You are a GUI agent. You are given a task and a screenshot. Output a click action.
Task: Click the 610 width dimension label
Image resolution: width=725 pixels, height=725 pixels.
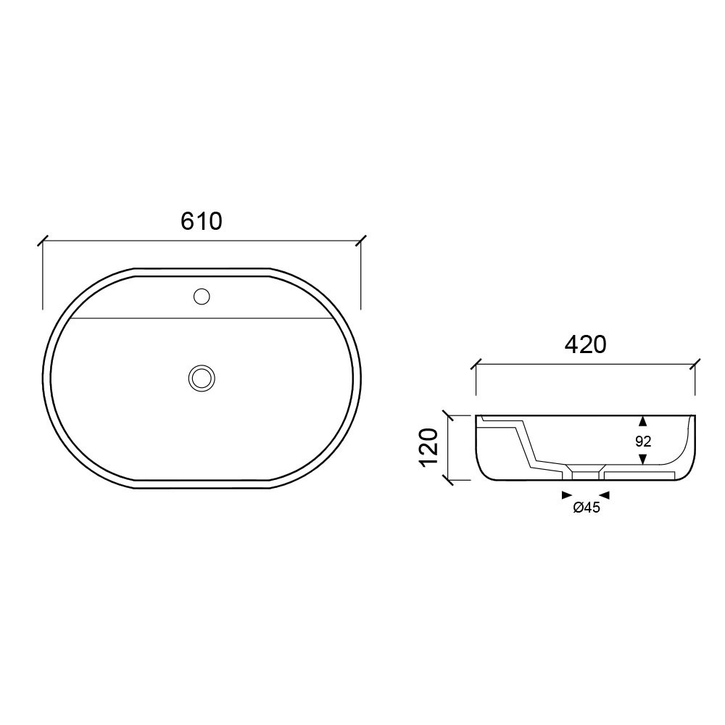(201, 221)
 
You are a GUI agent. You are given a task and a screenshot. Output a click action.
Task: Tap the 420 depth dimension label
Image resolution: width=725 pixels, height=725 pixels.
(585, 344)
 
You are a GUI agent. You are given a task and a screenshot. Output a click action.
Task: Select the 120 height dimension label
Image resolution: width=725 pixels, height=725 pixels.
(428, 448)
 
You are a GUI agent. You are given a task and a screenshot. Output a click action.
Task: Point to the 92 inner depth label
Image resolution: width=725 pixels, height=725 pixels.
(643, 442)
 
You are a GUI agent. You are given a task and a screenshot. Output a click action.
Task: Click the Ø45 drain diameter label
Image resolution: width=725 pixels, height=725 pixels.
(587, 507)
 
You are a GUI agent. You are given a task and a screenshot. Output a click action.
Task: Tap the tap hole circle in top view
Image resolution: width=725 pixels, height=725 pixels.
(202, 297)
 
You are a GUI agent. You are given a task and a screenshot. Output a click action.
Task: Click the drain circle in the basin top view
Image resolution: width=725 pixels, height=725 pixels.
(202, 378)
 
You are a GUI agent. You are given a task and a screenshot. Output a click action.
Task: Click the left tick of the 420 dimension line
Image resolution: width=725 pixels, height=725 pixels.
(476, 365)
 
